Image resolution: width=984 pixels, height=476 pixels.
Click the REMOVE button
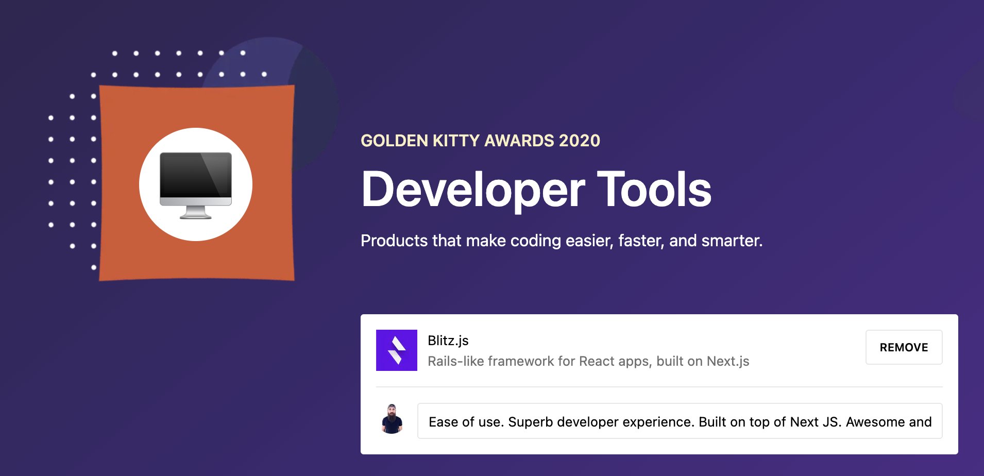coord(904,347)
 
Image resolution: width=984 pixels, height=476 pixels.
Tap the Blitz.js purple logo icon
coord(397,350)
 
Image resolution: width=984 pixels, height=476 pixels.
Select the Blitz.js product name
coord(448,341)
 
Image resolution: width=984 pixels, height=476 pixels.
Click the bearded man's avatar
coord(392,419)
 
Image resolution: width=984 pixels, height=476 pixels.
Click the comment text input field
coord(680,421)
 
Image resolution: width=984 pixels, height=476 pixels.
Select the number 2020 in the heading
coord(580,141)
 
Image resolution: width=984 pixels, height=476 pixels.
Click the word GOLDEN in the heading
coord(394,141)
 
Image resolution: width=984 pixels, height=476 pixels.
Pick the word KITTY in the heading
coord(456,141)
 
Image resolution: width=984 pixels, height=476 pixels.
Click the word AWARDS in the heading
coord(519,141)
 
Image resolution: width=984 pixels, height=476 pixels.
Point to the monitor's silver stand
coord(196,212)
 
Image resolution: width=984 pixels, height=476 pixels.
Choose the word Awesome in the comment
coord(875,422)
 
